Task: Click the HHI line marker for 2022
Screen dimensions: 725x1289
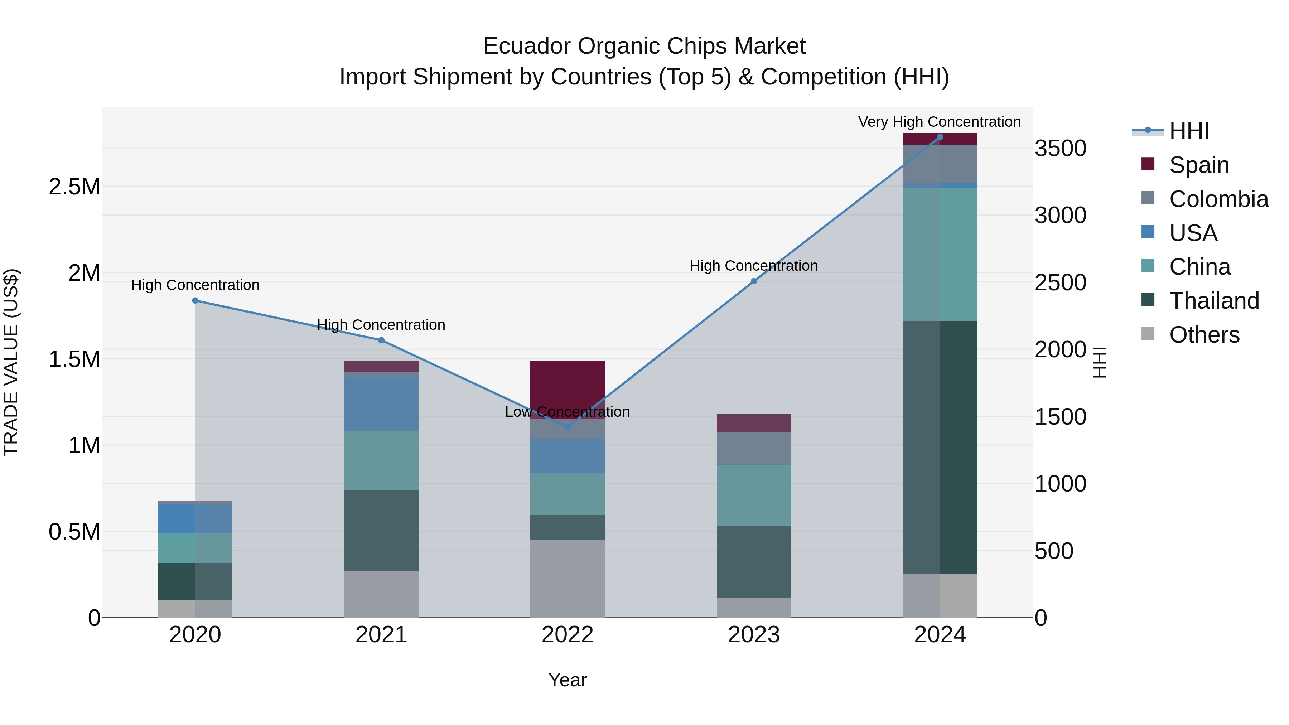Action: click(x=568, y=427)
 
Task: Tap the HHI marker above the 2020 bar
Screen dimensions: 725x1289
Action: click(x=195, y=300)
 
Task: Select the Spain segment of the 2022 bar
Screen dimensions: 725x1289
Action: click(x=568, y=383)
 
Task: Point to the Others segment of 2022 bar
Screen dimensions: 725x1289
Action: click(x=568, y=578)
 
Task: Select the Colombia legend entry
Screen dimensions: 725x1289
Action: click(x=1218, y=199)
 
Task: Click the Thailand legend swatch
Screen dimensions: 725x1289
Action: click(x=1148, y=300)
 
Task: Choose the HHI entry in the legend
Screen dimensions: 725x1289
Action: click(x=1188, y=131)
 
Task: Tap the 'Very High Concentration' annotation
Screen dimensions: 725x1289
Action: click(x=939, y=122)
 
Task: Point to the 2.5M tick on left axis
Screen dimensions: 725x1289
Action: click(x=74, y=187)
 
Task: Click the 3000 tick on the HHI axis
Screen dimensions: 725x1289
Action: click(x=1060, y=216)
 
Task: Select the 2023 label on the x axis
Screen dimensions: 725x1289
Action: click(x=754, y=635)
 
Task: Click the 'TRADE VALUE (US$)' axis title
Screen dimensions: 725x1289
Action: click(x=11, y=362)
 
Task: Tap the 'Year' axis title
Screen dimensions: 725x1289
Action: click(x=568, y=680)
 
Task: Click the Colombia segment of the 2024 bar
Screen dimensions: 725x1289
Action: click(x=940, y=164)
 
